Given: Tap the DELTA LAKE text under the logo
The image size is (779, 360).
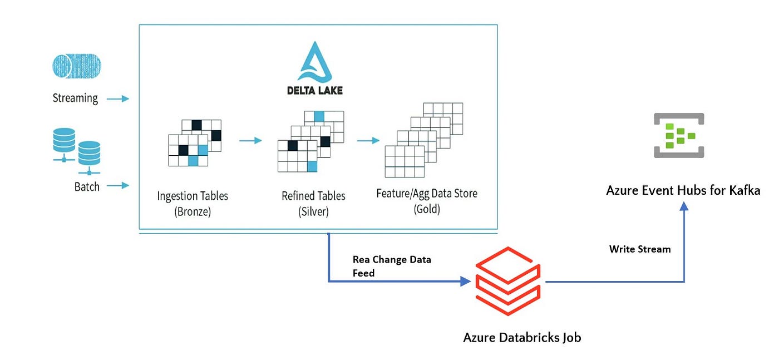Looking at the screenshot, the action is (315, 91).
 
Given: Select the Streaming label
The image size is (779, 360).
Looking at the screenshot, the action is (75, 98).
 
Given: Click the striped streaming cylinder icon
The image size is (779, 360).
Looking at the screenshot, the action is (77, 66).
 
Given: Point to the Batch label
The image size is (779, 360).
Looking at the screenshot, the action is (87, 187).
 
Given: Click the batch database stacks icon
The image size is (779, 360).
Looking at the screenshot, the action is (77, 151).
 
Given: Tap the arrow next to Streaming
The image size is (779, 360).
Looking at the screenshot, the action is (118, 99).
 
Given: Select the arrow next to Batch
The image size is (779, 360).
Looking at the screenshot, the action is (118, 185).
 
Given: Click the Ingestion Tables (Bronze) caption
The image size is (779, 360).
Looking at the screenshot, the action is (193, 204).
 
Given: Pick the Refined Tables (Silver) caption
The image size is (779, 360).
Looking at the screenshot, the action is (313, 204).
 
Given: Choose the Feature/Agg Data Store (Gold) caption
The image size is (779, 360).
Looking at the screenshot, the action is (427, 201).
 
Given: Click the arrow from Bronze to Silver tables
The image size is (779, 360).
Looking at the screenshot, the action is (251, 141).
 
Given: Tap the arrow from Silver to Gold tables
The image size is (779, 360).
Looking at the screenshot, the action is (368, 141).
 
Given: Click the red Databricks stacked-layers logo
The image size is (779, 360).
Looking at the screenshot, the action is (508, 281).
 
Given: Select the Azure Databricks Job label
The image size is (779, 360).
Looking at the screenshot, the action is (522, 337).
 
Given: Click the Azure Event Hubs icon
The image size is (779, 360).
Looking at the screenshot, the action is (679, 135).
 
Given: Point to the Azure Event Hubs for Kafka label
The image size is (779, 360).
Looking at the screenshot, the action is (683, 190).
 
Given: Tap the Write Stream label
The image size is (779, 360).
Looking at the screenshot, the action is (640, 249).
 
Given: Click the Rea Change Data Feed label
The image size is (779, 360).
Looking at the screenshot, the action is (392, 266).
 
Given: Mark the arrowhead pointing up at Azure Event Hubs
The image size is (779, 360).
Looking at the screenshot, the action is (684, 206).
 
